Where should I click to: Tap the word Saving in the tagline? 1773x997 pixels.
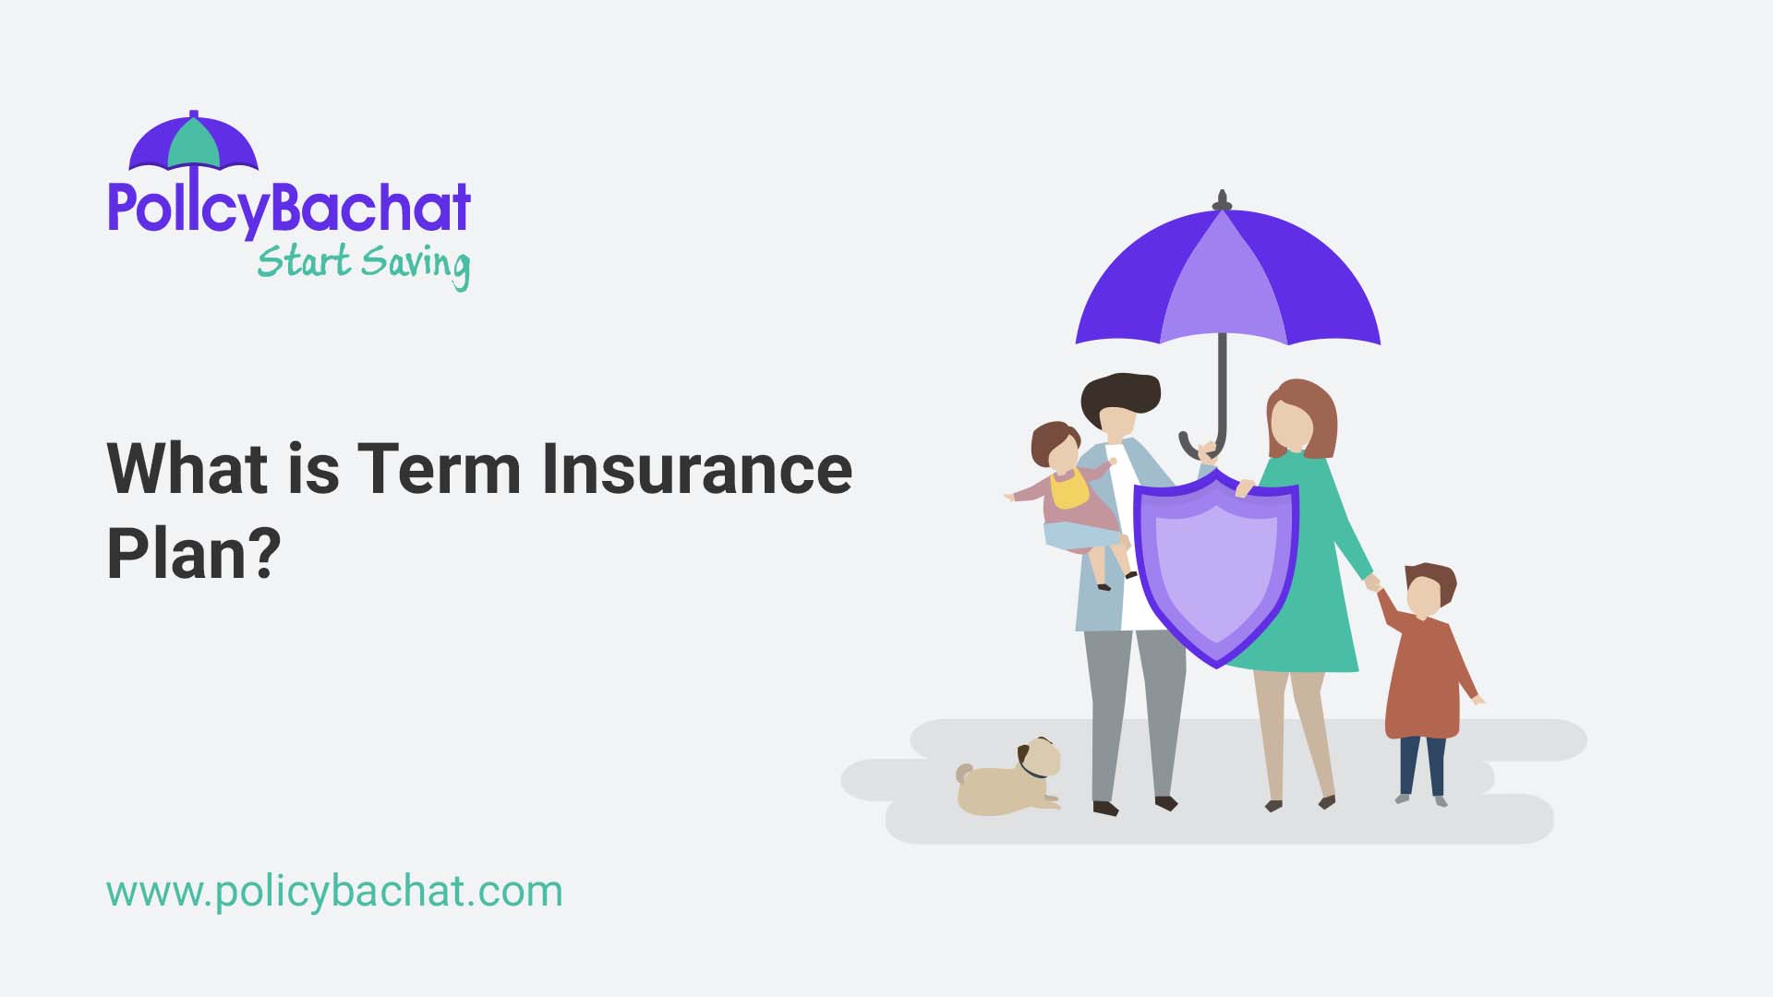click(x=416, y=263)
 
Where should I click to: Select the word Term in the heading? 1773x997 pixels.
click(x=440, y=469)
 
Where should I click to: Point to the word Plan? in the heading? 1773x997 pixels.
click(x=193, y=552)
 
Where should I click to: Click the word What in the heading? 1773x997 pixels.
click(x=187, y=469)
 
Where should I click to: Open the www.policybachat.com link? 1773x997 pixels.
click(x=334, y=892)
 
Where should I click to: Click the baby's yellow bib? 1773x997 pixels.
click(x=1069, y=489)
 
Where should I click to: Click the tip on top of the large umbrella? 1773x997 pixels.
click(x=1223, y=198)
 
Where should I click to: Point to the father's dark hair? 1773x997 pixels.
click(x=1121, y=391)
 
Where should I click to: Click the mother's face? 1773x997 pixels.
click(x=1292, y=423)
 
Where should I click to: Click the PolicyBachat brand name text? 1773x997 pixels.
click(x=289, y=208)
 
